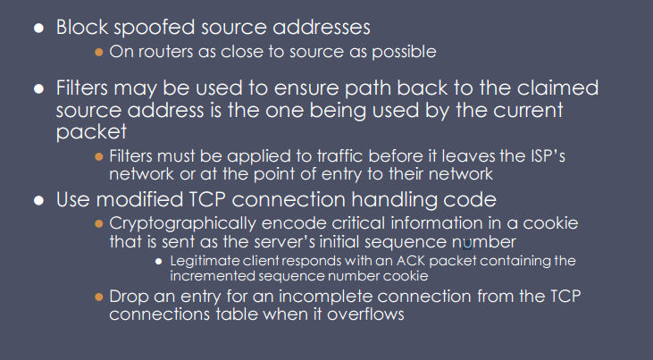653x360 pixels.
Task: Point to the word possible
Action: coord(404,52)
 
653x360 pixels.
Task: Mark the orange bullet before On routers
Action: coord(99,52)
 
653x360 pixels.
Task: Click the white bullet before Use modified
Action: coord(39,199)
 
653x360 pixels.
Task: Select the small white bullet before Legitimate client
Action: coord(158,262)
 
